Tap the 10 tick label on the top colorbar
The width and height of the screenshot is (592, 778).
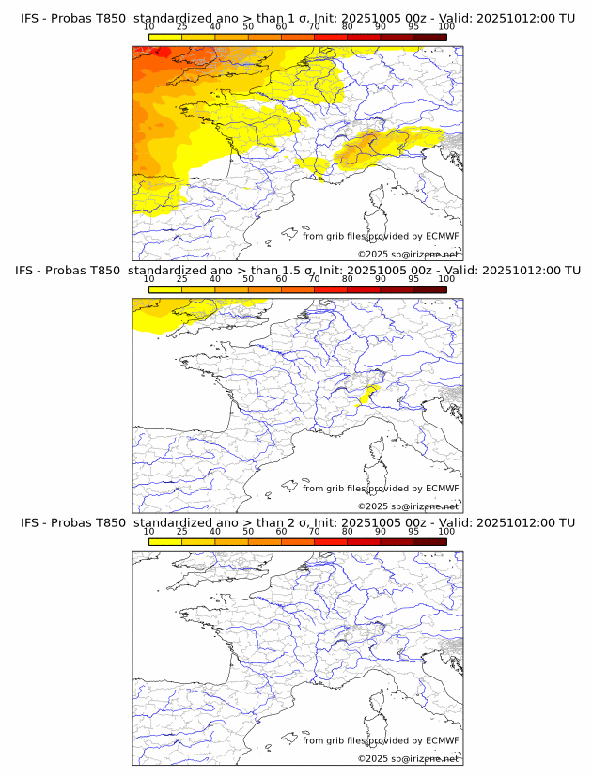[x=148, y=28]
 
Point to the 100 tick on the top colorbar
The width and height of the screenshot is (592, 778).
[x=446, y=28]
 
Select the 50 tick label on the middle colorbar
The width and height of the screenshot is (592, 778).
[x=248, y=279]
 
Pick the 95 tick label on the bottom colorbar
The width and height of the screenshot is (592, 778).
[x=413, y=531]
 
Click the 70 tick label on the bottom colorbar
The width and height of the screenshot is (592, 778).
[x=314, y=531]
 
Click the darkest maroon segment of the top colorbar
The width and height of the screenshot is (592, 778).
[x=429, y=38]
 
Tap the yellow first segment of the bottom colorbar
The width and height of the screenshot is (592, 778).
[x=164, y=541]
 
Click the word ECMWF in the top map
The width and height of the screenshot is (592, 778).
[x=442, y=237]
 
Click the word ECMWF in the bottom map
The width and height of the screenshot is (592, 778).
[x=442, y=740]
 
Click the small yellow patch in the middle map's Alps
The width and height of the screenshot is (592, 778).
[x=369, y=396]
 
